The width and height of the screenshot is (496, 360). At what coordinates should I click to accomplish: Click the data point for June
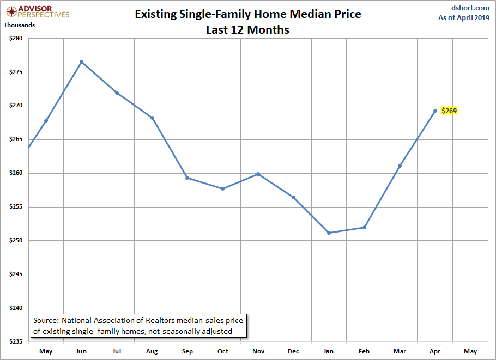[x=81, y=62]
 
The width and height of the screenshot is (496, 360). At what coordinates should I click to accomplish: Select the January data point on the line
[x=329, y=233]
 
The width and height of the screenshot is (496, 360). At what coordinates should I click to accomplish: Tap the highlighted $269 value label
[x=449, y=111]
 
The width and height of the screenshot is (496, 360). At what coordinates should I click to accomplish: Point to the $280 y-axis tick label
[x=16, y=38]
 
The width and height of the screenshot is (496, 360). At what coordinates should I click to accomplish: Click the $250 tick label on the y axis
[x=16, y=241]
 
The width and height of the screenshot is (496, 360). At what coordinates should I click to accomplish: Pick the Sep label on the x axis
[x=187, y=351]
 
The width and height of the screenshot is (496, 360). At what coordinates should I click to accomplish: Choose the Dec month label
[x=293, y=351]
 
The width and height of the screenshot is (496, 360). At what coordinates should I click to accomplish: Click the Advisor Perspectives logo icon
[x=11, y=11]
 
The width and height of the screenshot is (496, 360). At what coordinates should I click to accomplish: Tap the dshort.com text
[x=470, y=8]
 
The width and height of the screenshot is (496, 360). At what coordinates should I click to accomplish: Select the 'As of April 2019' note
[x=464, y=17]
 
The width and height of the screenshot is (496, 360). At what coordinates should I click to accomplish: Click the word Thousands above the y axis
[x=19, y=25]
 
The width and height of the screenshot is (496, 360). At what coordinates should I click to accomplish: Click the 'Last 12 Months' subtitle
[x=247, y=30]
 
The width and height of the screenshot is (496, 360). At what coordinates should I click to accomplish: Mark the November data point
[x=258, y=174]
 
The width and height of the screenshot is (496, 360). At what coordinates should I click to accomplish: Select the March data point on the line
[x=400, y=166]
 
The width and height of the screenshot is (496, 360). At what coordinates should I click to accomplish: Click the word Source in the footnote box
[x=46, y=320]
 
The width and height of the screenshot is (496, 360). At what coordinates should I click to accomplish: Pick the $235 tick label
[x=16, y=341]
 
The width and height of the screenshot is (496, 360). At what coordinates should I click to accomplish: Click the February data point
[x=365, y=228]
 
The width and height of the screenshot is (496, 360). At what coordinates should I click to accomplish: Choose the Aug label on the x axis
[x=152, y=351]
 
